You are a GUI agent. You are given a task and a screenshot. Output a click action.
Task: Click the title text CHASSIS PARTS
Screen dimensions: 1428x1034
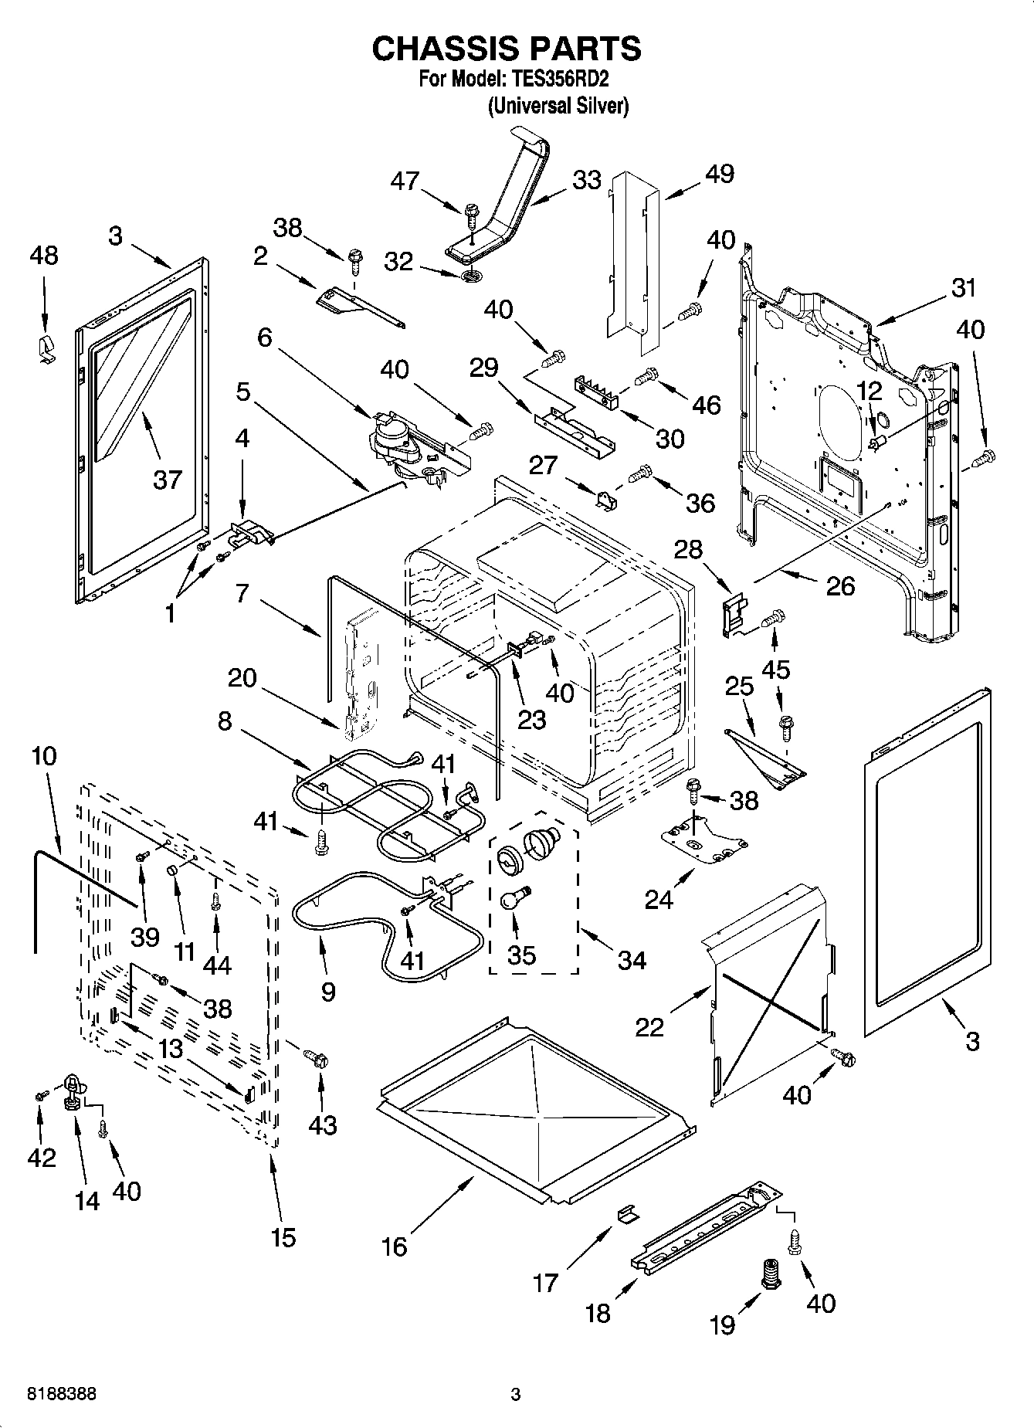[x=507, y=49]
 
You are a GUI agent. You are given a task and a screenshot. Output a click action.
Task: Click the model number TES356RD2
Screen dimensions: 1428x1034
[x=561, y=80]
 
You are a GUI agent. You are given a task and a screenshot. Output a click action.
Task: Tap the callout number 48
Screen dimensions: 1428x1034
[x=43, y=256]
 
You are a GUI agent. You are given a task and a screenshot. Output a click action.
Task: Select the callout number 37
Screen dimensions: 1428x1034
[x=167, y=480]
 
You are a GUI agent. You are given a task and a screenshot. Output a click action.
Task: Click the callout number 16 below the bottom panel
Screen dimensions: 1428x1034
[x=395, y=1247]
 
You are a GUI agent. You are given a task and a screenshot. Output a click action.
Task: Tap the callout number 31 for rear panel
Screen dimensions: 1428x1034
[x=963, y=288]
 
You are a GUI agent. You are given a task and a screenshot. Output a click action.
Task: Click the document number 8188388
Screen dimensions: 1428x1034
[x=62, y=1394]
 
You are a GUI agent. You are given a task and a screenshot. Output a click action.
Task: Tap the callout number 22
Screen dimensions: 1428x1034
[x=649, y=1027]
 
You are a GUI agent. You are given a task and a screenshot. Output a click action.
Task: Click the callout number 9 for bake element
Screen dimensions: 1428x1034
[x=327, y=992]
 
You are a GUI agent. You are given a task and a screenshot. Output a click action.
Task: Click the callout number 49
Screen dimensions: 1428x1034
[x=720, y=175]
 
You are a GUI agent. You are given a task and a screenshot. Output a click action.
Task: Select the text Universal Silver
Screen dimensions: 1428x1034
[x=558, y=106]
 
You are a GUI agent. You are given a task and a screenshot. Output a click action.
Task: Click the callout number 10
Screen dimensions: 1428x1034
[x=44, y=755]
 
